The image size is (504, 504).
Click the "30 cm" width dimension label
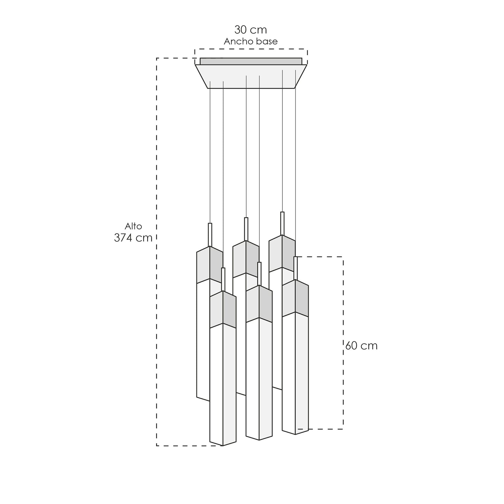coord(250,30)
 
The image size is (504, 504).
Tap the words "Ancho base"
coord(250,42)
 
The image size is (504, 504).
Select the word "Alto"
coord(133,226)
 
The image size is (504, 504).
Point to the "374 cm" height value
coord(133,238)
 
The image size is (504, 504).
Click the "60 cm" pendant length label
coord(361,346)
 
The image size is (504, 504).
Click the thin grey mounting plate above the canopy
coord(251,61)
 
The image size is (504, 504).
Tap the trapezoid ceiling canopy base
coord(251,76)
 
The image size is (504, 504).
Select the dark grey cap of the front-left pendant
coord(230,310)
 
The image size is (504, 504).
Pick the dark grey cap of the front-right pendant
coord(302,299)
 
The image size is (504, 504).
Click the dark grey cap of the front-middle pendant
coord(265,304)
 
